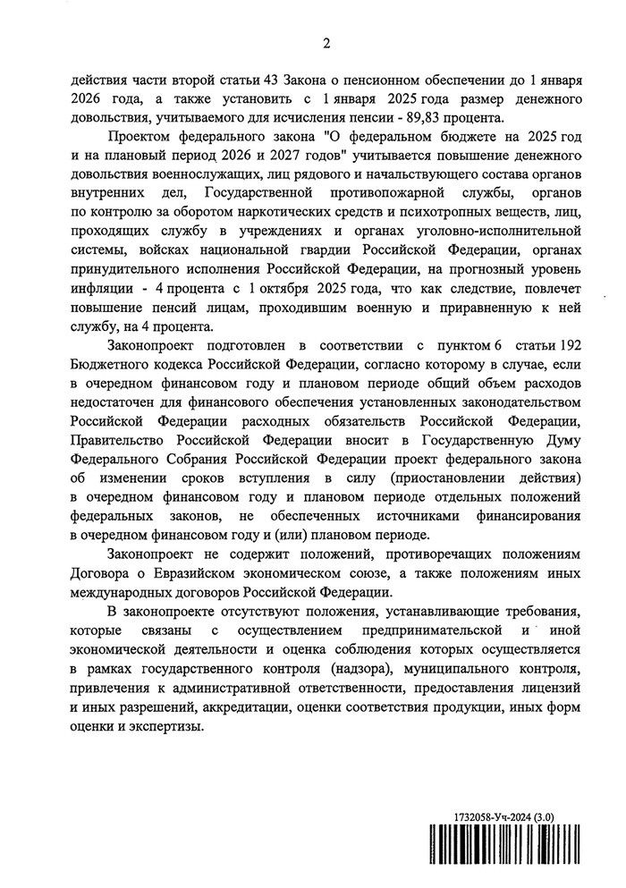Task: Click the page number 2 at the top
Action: (x=326, y=43)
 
